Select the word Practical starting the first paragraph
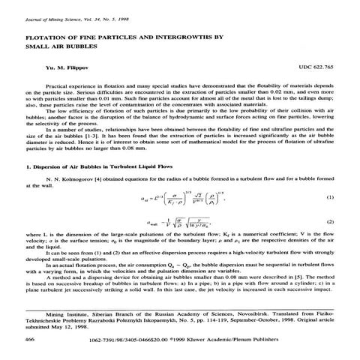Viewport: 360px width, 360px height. (x=58, y=86)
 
